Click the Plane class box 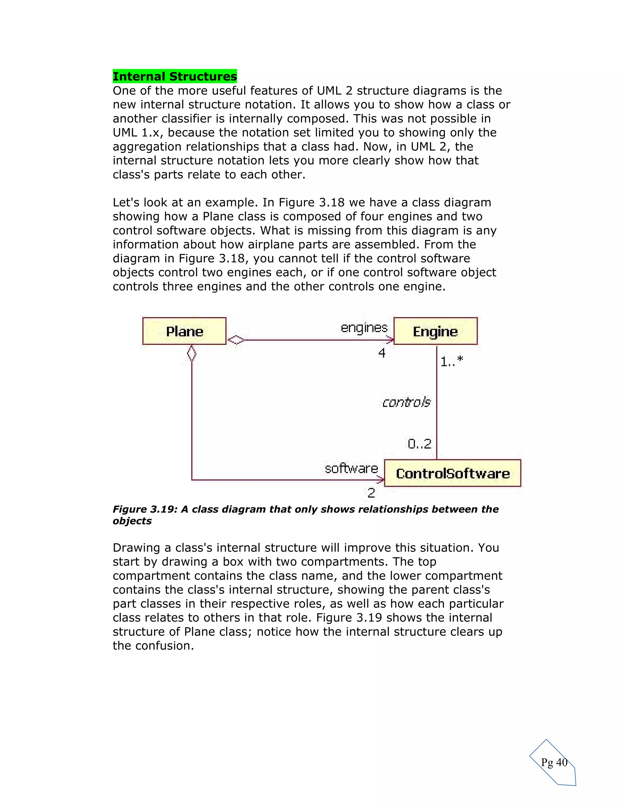[x=184, y=331]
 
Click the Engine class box [x=435, y=331]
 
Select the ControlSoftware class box [x=452, y=473]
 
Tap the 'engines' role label [x=364, y=328]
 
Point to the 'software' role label [x=351, y=468]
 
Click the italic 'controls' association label [x=406, y=402]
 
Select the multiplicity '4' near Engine [x=382, y=353]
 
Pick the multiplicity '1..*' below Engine [x=451, y=361]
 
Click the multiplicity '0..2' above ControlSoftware [x=420, y=444]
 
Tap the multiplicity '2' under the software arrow [x=371, y=493]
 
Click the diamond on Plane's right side [x=236, y=340]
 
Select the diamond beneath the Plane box [x=191, y=353]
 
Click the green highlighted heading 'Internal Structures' [x=175, y=76]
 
